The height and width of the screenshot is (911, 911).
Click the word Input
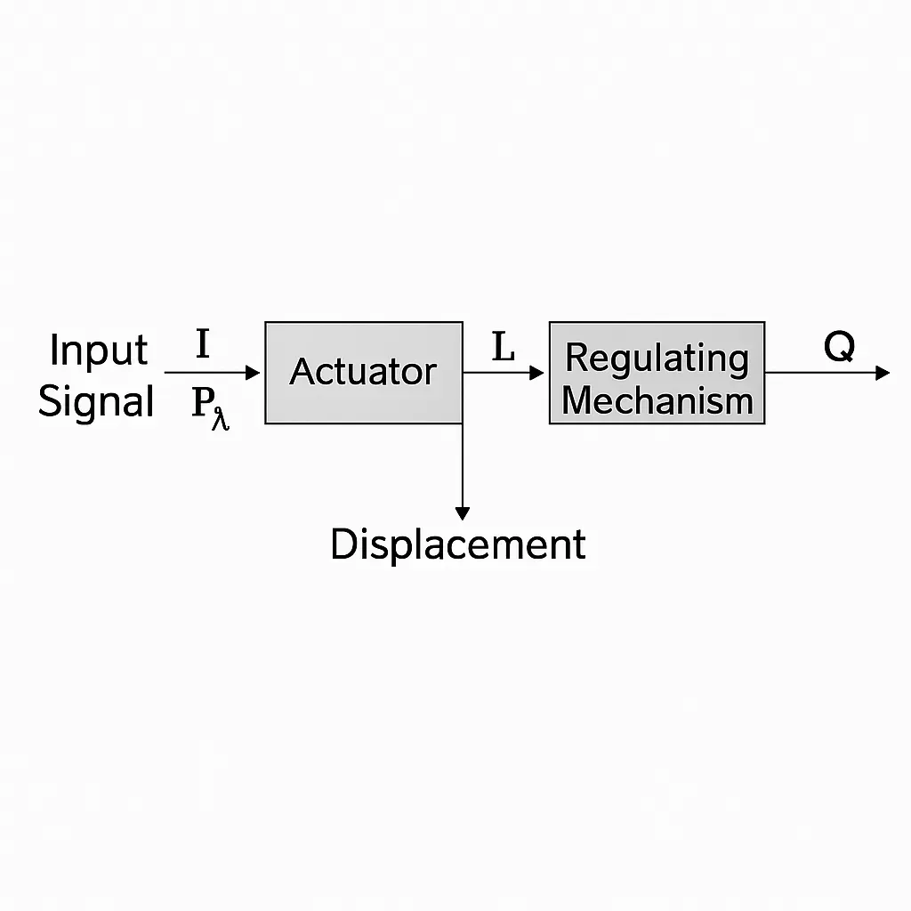point(98,351)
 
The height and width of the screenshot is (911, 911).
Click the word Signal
point(97,401)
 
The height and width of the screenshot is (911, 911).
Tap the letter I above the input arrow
point(203,344)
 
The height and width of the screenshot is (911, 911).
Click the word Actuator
point(363,371)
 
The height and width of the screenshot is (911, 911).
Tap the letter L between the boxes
point(504,348)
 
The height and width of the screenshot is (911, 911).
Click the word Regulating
point(657,358)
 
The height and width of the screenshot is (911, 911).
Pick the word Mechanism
point(657,400)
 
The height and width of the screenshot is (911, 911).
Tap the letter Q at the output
point(839,347)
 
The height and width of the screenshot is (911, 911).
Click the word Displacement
point(457,544)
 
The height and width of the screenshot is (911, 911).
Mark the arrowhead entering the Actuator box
point(254,373)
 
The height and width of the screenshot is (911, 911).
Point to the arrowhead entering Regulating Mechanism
point(536,373)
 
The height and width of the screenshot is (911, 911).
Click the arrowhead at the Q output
point(882,373)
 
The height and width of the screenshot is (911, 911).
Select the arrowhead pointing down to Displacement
point(462,512)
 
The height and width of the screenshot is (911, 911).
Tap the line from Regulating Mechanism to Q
point(818,373)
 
